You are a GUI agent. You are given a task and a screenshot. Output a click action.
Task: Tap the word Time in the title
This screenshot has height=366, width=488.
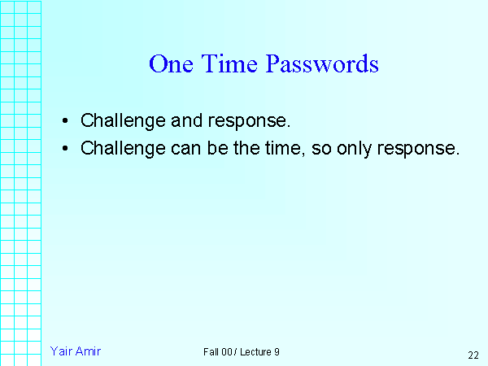point(225,64)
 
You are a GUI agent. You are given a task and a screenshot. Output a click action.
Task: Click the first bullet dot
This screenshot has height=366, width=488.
point(65,122)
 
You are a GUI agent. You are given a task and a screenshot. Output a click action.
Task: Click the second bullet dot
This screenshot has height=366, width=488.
point(65,149)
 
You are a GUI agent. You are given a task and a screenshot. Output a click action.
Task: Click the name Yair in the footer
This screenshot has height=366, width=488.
point(62,351)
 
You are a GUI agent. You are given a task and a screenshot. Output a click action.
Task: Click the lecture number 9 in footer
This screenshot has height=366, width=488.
point(277,351)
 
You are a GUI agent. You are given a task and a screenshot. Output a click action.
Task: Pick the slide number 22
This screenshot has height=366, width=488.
point(473,355)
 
